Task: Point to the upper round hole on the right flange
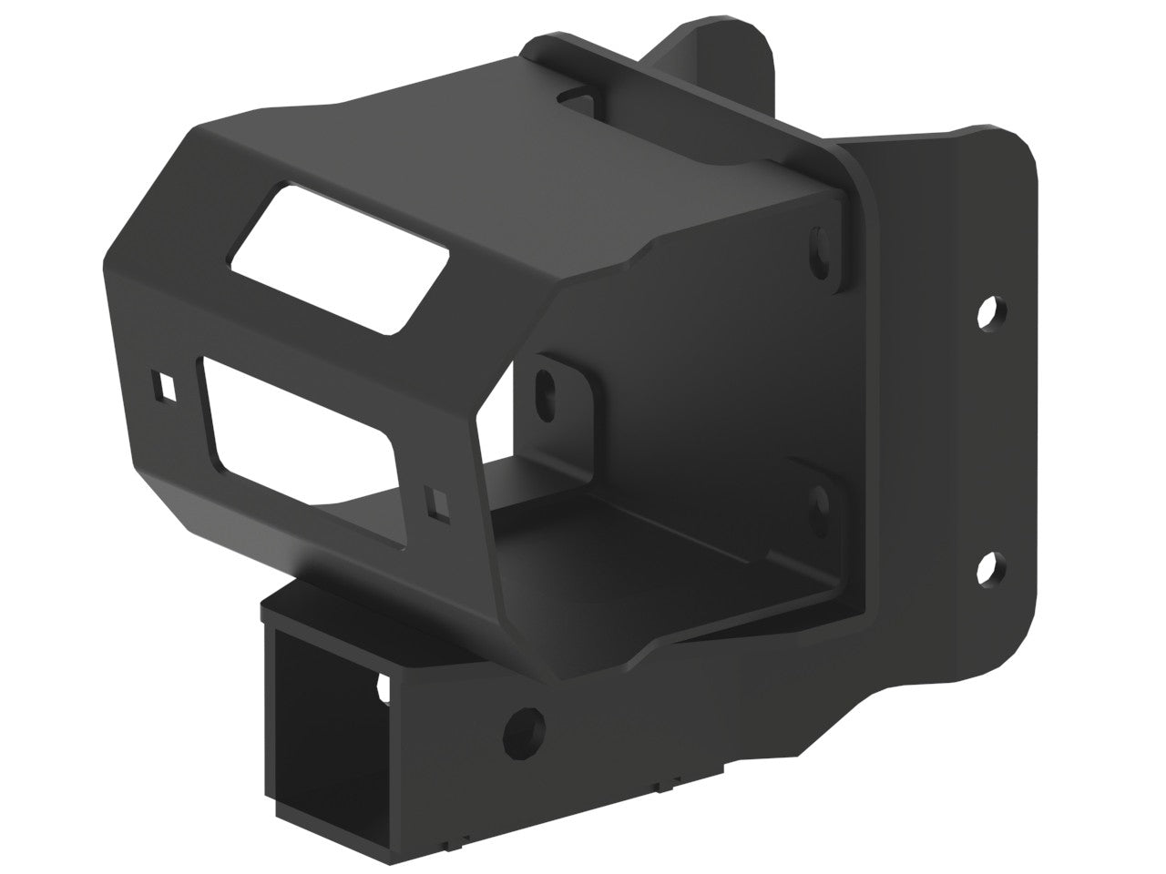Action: pyautogui.click(x=987, y=312)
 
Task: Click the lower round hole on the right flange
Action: pyautogui.click(x=987, y=566)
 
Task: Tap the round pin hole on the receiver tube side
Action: pyautogui.click(x=526, y=726)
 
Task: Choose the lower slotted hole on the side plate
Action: pyautogui.click(x=821, y=499)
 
